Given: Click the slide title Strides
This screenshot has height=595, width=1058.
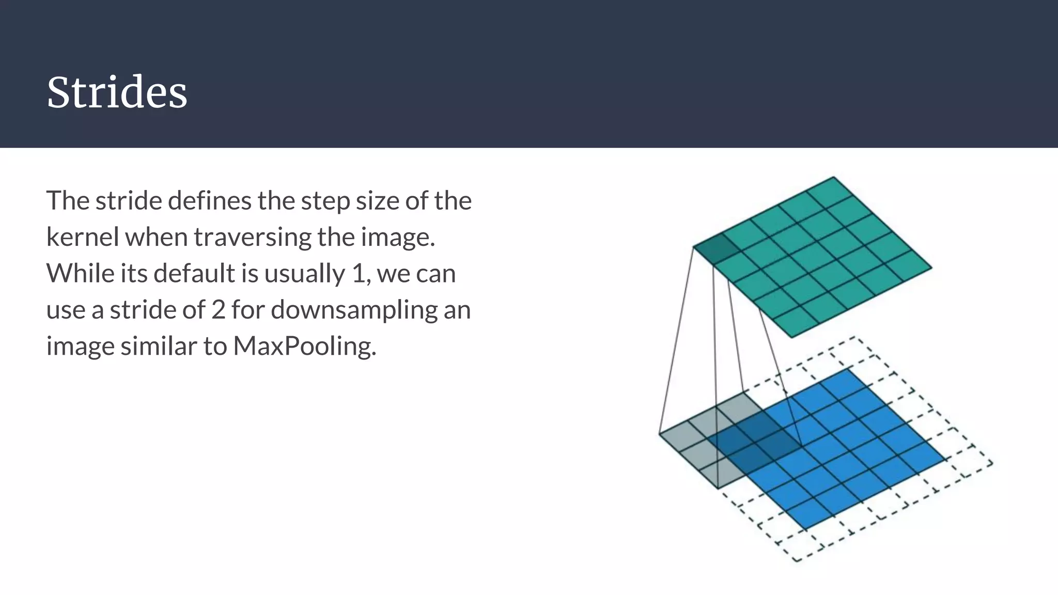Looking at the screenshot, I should [x=117, y=92].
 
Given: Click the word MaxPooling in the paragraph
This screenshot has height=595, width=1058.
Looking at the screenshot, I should [x=304, y=346].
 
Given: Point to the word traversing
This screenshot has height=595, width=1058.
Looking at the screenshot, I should [x=252, y=237].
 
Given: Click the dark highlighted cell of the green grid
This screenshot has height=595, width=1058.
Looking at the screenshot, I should [x=715, y=249].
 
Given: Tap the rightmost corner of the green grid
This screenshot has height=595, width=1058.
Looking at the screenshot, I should [x=931, y=268].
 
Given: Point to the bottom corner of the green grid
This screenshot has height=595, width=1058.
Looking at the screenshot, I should [x=791, y=338].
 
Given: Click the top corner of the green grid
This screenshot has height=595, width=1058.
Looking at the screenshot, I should [x=833, y=177].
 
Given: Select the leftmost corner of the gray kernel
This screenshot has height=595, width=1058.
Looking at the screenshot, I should [x=660, y=433].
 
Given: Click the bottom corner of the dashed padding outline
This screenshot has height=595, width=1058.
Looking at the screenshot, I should [x=796, y=561].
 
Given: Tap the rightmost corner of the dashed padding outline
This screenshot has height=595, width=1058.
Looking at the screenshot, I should [x=992, y=463].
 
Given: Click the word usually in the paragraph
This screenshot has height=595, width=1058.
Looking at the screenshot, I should [x=304, y=274].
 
